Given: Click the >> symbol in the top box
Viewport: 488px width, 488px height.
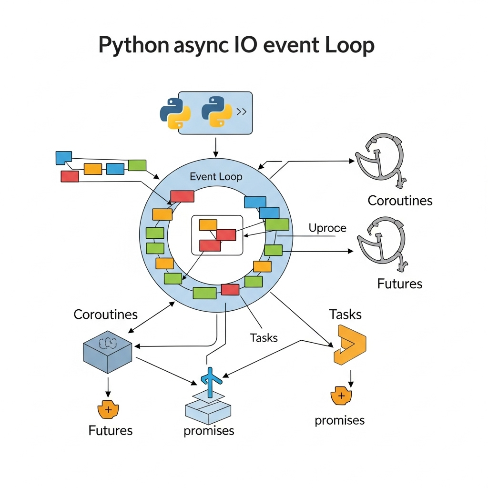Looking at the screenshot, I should pos(242,112).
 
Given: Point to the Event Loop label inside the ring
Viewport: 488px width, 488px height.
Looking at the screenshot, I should pos(216,177).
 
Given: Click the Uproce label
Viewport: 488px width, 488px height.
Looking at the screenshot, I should pos(327,228).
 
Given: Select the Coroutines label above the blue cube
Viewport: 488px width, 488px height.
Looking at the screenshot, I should pos(105,315).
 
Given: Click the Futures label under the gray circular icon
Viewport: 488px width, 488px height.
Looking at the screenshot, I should pos(399,284).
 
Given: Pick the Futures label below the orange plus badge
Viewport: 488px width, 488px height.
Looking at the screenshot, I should pos(110,431).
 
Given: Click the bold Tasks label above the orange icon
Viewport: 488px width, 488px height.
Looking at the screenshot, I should pos(345,315).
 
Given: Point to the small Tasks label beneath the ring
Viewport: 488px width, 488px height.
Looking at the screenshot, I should pos(264,338).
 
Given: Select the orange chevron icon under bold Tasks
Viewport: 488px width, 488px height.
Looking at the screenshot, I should pos(350,345).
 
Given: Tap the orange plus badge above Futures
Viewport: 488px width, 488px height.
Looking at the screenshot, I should pos(108,409).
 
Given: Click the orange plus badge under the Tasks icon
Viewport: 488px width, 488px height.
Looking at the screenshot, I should pos(341,396).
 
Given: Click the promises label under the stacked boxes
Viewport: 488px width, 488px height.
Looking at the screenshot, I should pos(209,431).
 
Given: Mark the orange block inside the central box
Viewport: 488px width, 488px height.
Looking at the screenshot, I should pos(208,225).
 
